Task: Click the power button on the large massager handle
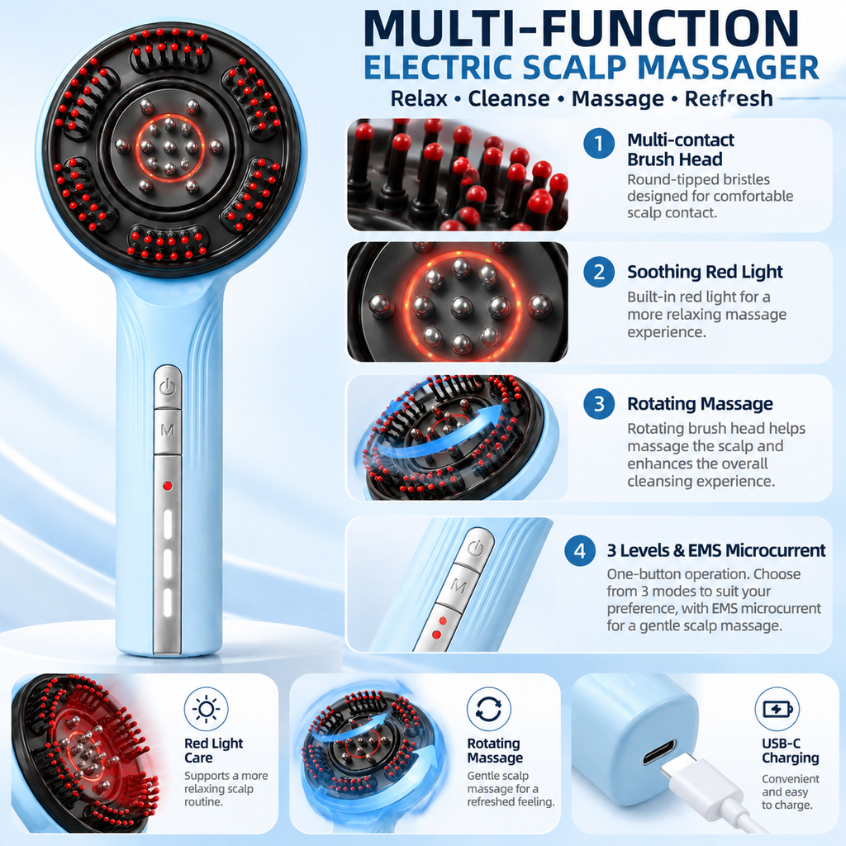click(168, 387)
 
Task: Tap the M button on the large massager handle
click(168, 430)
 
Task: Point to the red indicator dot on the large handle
click(168, 486)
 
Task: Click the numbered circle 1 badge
click(599, 144)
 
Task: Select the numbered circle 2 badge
click(599, 272)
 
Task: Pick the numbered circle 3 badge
click(599, 403)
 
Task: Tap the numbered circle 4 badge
click(580, 551)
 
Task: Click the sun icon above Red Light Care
click(206, 709)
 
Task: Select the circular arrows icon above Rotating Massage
click(489, 709)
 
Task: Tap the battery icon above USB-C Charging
click(777, 709)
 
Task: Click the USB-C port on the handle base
click(658, 753)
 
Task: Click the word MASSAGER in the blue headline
click(729, 68)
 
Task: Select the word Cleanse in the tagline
click(509, 99)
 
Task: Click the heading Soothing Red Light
click(705, 272)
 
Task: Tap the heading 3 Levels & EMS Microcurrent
click(716, 550)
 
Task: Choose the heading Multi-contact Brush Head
click(681, 150)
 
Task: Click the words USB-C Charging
click(791, 750)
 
